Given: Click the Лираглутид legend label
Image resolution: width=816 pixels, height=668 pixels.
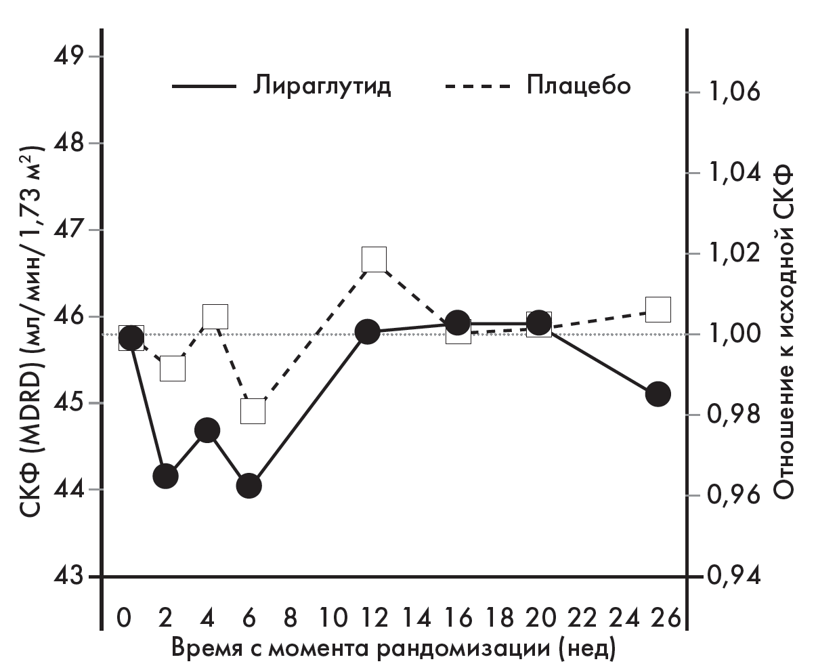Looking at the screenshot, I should pos(323,87).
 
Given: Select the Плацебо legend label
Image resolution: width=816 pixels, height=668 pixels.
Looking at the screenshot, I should pos(578,87).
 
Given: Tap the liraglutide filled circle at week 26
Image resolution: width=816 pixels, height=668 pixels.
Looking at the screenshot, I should pos(658,394).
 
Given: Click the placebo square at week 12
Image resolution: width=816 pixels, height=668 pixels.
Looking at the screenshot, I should pos(374,259).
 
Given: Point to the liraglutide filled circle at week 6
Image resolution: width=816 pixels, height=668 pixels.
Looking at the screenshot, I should pos(249,485).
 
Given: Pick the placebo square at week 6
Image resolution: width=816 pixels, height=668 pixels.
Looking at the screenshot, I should pos(253,411).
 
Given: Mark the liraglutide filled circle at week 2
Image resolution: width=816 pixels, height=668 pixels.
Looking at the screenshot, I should pos(165,476).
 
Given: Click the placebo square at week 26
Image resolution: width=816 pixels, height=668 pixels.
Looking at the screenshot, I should pos(658,309).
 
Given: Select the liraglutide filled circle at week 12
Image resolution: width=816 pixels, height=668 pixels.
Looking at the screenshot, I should pos(367,332).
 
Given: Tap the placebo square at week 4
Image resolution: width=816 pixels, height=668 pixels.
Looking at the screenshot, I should pos(215,316).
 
